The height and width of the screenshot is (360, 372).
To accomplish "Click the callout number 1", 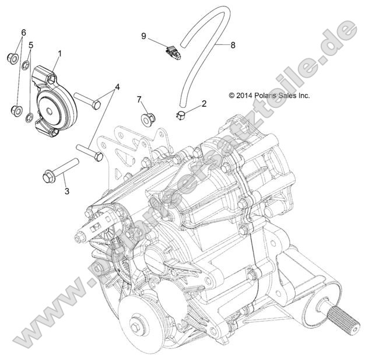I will [58, 53].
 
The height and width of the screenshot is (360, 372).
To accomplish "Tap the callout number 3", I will [66, 190].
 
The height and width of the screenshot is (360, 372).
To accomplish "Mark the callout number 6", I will [23, 32].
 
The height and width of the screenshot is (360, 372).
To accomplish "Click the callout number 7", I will [139, 99].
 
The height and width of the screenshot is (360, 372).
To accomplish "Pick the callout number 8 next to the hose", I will [232, 44].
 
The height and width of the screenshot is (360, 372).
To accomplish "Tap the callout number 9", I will [143, 36].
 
